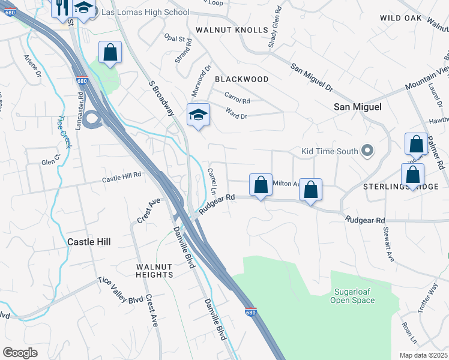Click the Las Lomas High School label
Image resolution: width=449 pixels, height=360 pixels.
point(145,12)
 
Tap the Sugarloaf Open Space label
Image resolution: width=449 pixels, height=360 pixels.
point(353,296)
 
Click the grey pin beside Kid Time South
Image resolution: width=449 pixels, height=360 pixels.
point(367,151)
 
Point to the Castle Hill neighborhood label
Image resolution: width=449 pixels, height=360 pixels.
point(89,241)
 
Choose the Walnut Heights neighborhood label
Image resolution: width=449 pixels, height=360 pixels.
point(154,271)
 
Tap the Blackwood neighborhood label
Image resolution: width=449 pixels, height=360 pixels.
point(241,79)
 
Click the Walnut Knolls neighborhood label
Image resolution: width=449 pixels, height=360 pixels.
point(232,30)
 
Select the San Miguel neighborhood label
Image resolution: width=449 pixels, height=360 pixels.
point(358,106)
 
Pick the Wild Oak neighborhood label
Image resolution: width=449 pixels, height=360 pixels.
point(401,19)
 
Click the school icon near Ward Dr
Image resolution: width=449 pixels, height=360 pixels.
point(197,114)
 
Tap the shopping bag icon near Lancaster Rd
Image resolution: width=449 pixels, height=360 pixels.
point(110,52)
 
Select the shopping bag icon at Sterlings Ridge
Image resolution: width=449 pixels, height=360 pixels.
point(412,176)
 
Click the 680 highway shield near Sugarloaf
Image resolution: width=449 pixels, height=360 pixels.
point(250,312)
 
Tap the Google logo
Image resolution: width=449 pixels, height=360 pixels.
point(20,353)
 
